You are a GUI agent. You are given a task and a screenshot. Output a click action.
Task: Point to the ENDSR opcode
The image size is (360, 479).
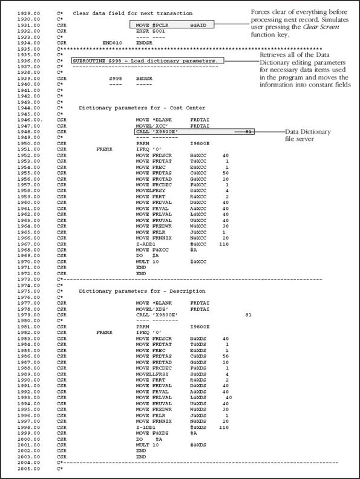pos(144,44)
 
